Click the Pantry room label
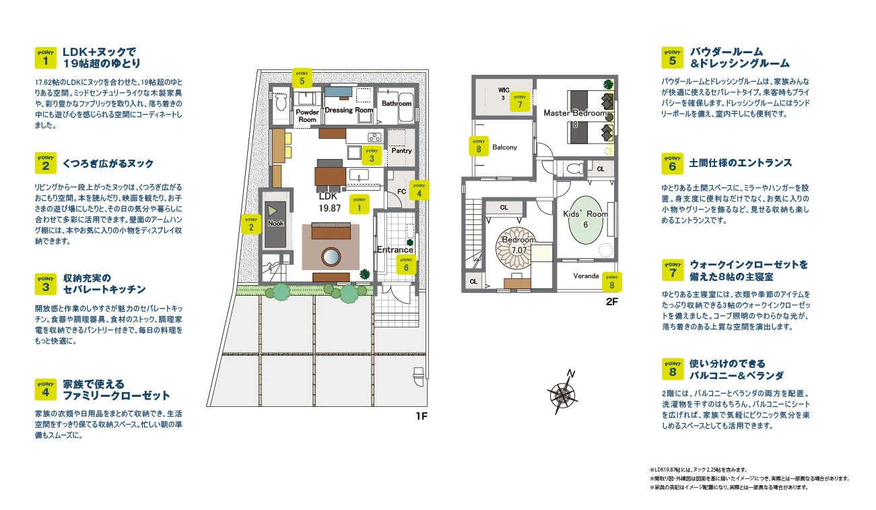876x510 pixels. point(401,151)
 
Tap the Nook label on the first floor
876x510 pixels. point(275,223)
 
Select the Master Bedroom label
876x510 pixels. point(575,113)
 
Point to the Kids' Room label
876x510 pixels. point(585,214)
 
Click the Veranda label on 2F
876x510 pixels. point(586,276)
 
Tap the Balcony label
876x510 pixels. point(504,147)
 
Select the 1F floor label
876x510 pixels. point(422,416)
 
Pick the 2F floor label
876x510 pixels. point(611,302)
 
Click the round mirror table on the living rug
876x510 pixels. point(331,257)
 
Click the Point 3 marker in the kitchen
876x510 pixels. point(372,156)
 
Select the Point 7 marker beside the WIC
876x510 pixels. point(520,102)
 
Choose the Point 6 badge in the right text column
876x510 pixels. point(672,163)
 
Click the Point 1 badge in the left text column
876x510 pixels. point(45,57)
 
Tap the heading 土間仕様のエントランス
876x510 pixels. point(740,163)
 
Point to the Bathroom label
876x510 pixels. point(397,103)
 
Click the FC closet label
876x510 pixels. point(401,191)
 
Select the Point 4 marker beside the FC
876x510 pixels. point(419,190)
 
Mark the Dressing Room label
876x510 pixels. point(349,110)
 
